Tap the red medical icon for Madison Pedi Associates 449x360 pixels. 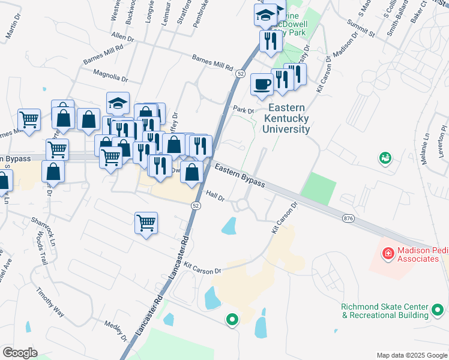click(x=388, y=254)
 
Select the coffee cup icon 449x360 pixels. click(x=262, y=84)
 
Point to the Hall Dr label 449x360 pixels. click(x=214, y=195)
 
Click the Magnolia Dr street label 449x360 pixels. click(x=110, y=77)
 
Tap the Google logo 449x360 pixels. click(x=19, y=353)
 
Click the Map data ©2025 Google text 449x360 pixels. click(x=411, y=355)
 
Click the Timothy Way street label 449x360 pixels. click(x=50, y=302)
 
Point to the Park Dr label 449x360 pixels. click(x=244, y=110)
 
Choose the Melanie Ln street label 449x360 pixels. click(x=427, y=145)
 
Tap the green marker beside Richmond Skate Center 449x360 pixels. click(x=438, y=311)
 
